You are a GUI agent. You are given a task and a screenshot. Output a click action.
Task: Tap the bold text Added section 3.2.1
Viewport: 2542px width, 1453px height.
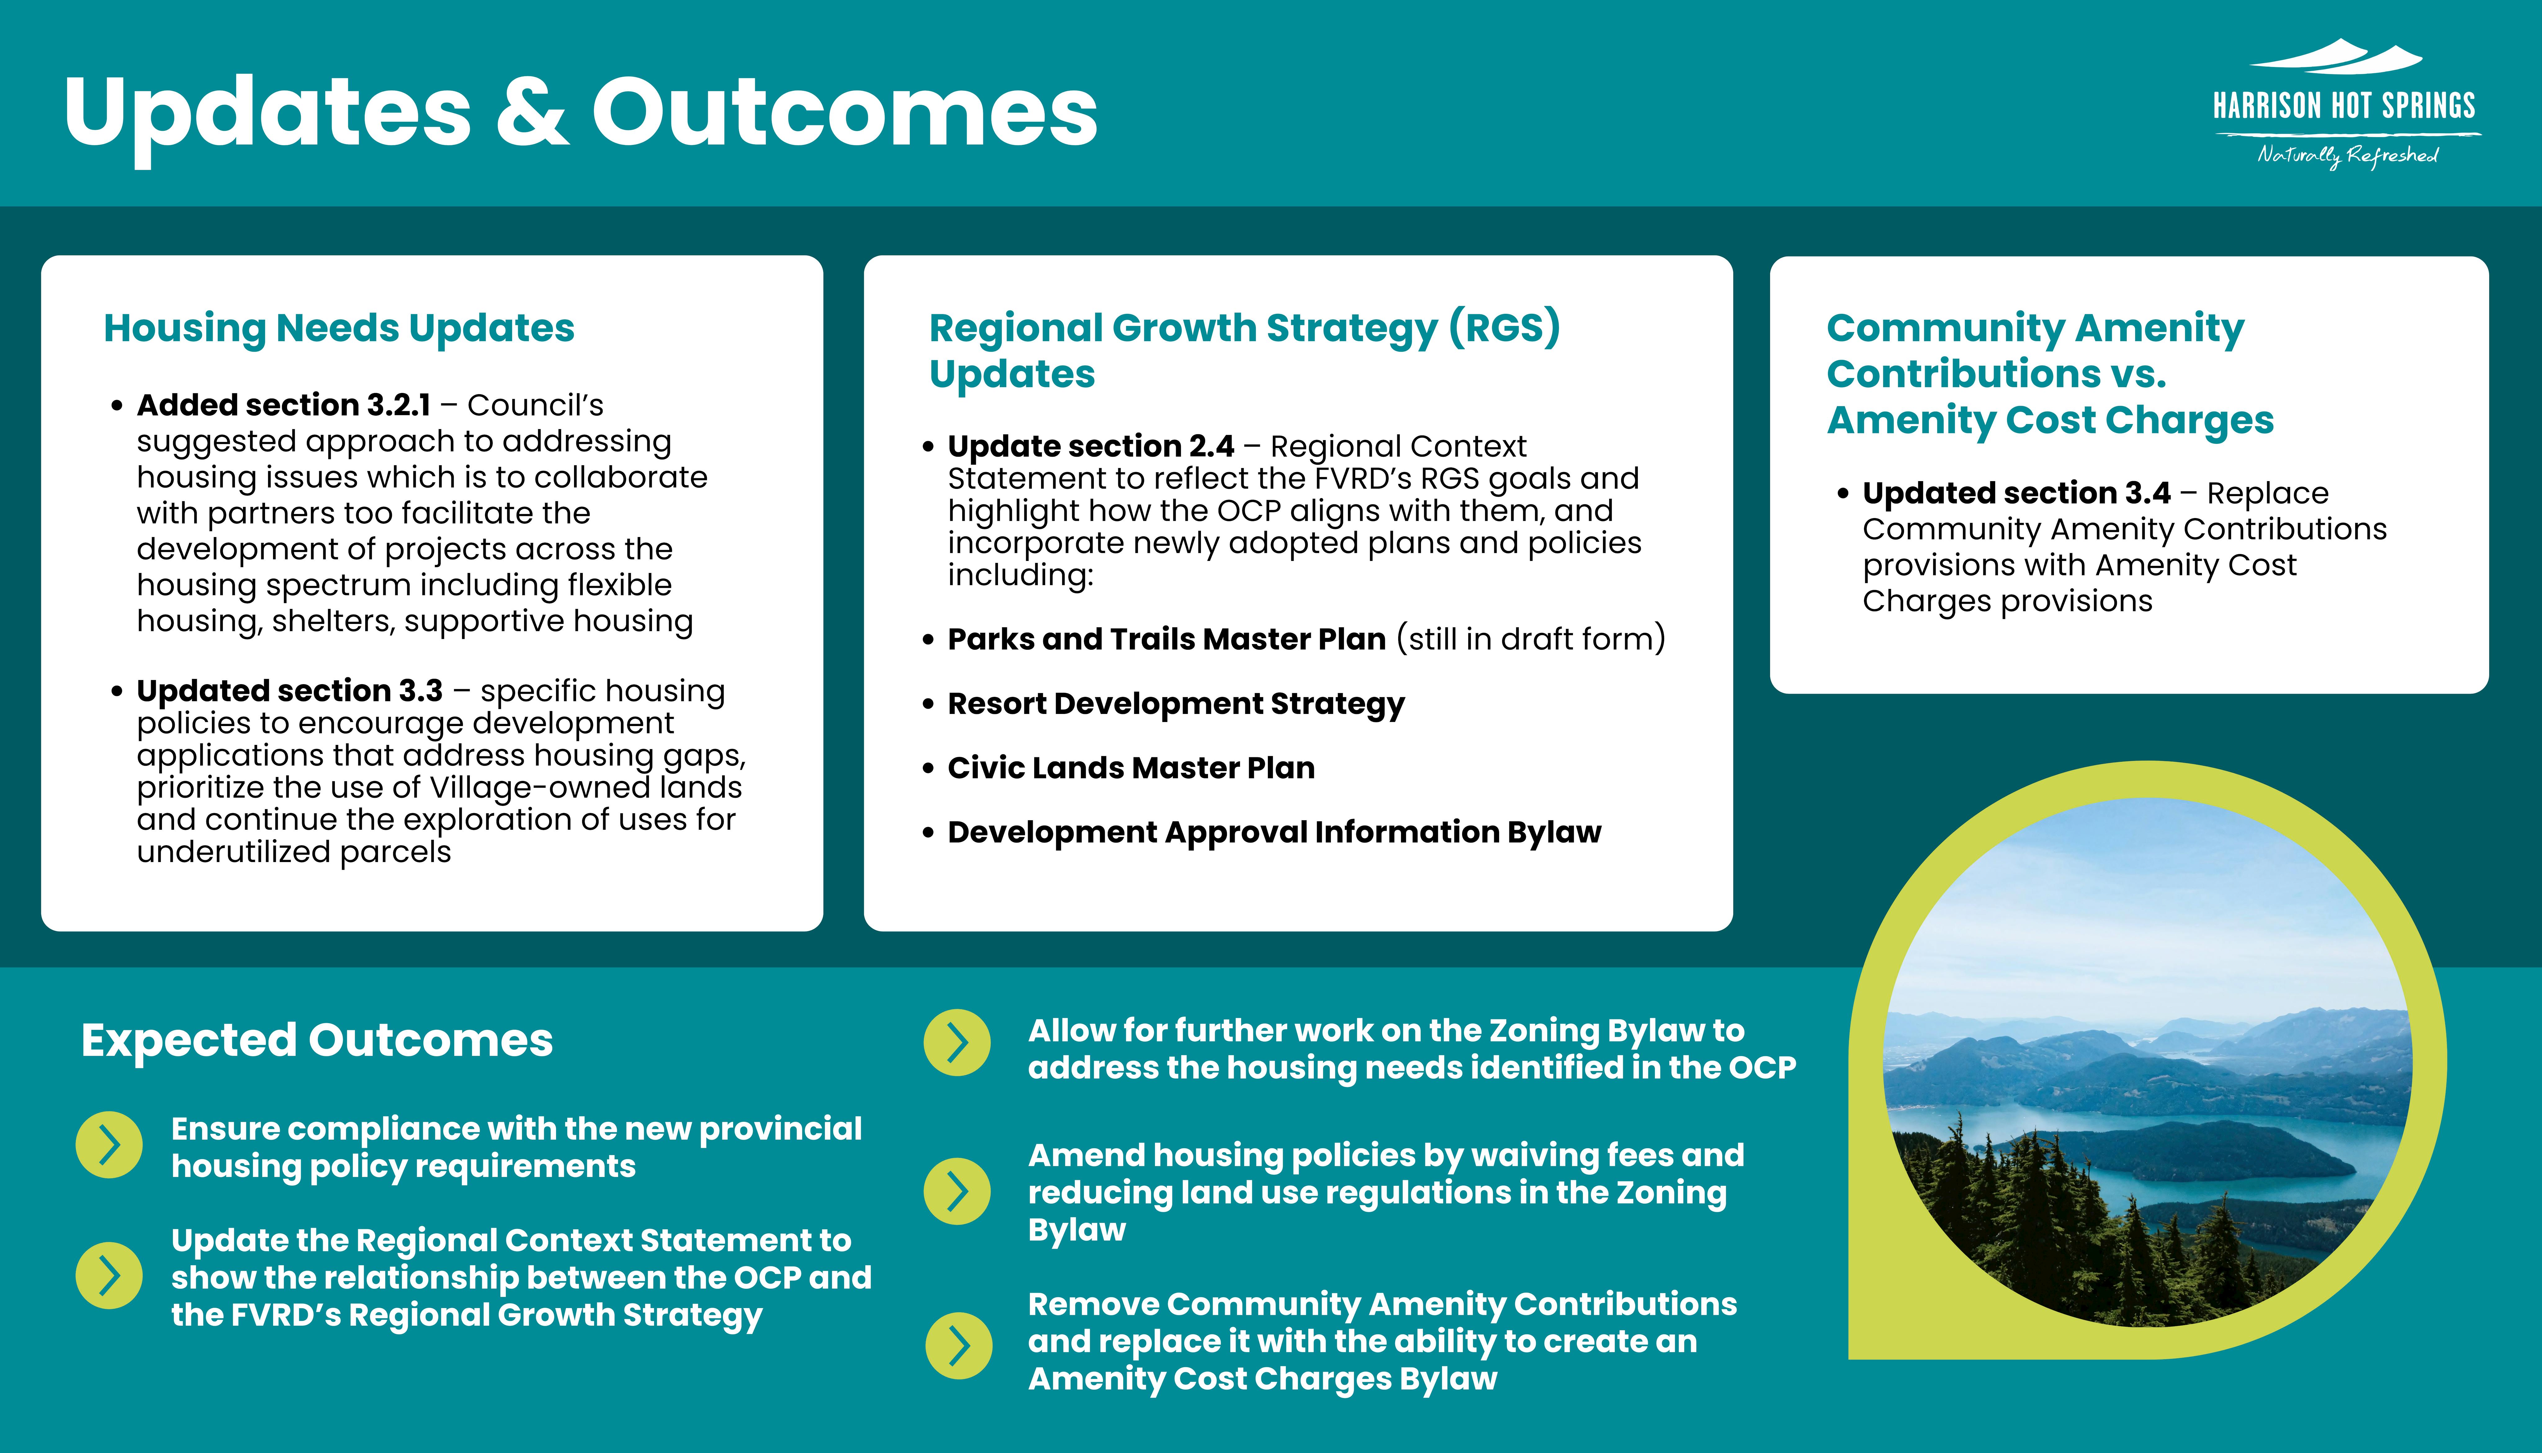[x=283, y=405]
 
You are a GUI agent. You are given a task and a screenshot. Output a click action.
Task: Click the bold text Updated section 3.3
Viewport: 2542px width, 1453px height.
[x=289, y=691]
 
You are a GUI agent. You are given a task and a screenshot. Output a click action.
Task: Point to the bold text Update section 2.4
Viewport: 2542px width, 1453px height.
[x=1090, y=446]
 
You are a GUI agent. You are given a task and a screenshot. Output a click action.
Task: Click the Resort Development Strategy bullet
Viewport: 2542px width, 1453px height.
[x=1175, y=704]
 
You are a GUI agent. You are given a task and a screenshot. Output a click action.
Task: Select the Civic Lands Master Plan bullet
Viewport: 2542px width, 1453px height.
[x=1130, y=767]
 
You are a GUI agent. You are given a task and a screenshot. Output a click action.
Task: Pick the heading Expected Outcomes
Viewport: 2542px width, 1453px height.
[x=316, y=1040]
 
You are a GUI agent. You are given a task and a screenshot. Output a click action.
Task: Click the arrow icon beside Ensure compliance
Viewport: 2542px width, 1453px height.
[x=109, y=1145]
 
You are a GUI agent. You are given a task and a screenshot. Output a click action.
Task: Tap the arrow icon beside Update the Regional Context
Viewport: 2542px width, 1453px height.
[x=109, y=1275]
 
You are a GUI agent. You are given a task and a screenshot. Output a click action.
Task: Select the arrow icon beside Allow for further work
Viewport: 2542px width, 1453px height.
[x=957, y=1043]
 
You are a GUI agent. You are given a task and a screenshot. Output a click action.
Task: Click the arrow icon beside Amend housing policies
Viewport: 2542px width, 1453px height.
[x=957, y=1190]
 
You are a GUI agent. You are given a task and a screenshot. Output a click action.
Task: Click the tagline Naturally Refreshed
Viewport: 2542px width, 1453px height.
[x=2347, y=156]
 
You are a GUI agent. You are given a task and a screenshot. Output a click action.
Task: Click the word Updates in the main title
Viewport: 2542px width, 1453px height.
[x=267, y=112]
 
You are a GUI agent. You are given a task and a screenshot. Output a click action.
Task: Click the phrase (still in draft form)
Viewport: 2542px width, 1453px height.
[x=1530, y=639]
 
